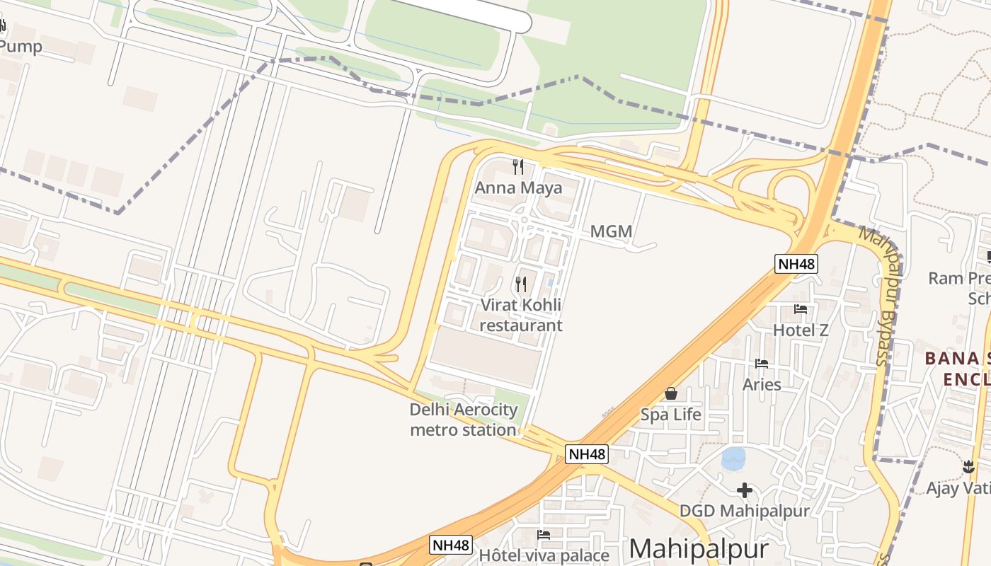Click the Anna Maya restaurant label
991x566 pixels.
[x=518, y=187]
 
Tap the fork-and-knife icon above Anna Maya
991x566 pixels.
[x=518, y=167]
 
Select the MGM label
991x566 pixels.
[x=611, y=231]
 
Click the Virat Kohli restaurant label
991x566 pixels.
[x=521, y=315]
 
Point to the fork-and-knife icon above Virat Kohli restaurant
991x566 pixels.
[x=521, y=284]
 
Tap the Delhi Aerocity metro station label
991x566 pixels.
[x=464, y=420]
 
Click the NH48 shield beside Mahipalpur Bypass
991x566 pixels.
[x=796, y=264]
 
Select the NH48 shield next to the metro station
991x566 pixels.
[x=587, y=454]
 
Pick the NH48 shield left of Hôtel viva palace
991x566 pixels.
[x=451, y=545]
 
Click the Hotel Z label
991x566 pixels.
[x=801, y=330]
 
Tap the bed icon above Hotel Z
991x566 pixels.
[x=801, y=308]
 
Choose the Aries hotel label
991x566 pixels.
[x=762, y=384]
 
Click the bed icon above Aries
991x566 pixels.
[x=762, y=364]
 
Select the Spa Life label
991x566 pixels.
[x=670, y=415]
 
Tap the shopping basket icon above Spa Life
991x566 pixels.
[x=670, y=393]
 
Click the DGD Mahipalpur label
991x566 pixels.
[x=744, y=511]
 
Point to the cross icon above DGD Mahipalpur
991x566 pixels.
[x=744, y=490]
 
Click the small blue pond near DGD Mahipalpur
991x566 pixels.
[x=733, y=458]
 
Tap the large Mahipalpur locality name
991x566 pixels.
[x=698, y=550]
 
